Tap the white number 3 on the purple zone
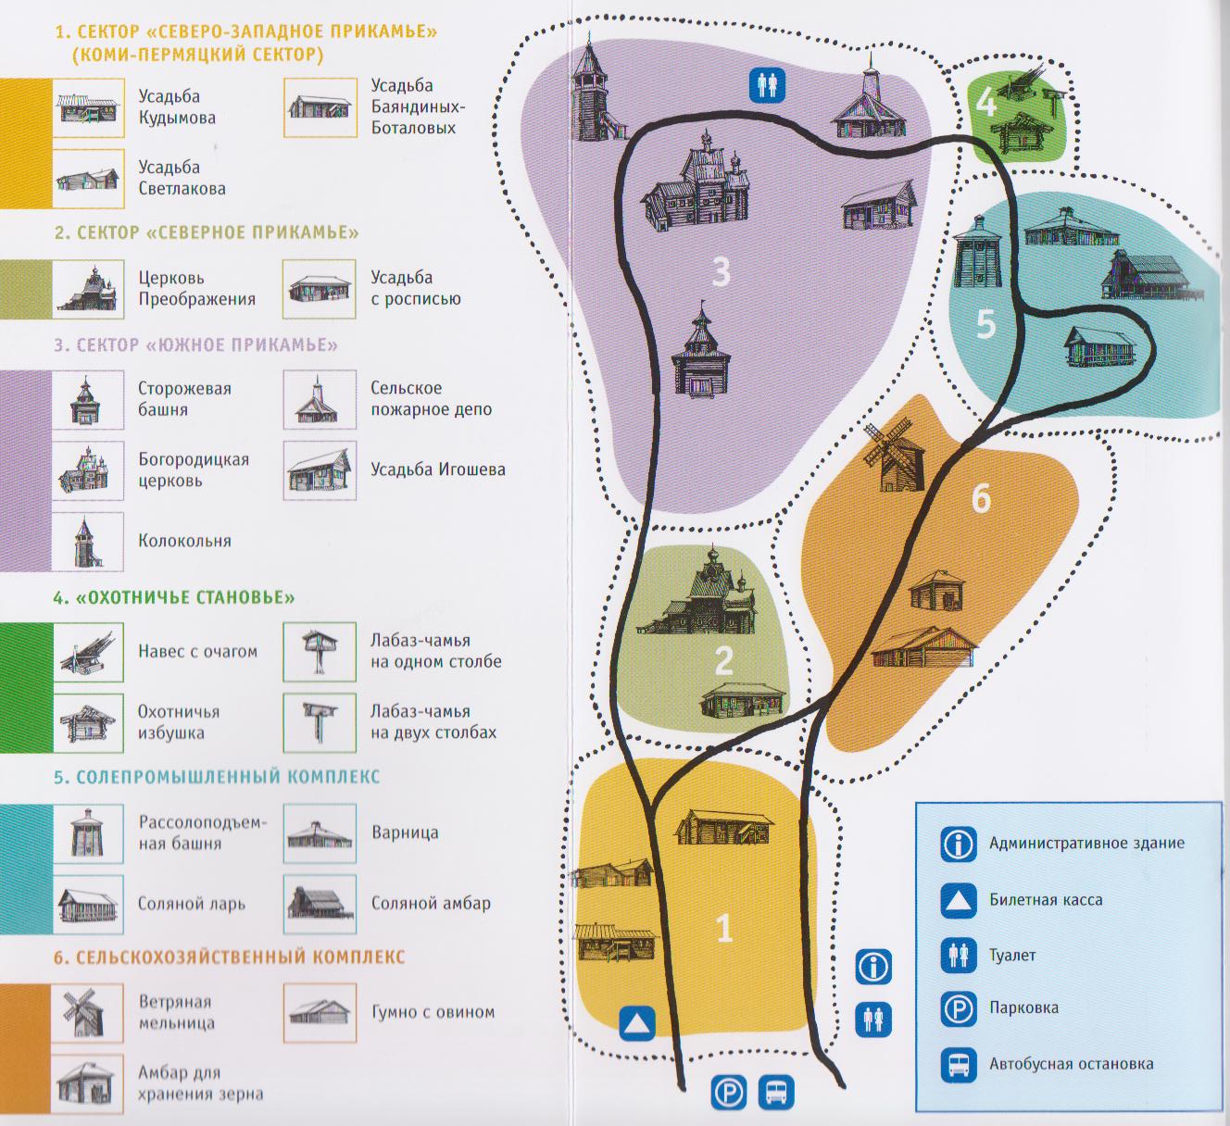coord(722,272)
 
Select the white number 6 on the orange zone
coord(981,498)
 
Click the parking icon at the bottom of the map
coord(729,1093)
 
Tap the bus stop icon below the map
coord(776,1093)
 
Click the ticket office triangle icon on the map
coord(637,1025)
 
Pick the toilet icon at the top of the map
coord(767,85)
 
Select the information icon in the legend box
coord(959,844)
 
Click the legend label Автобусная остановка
coord(1071,1064)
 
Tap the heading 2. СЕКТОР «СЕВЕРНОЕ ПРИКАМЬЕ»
coord(206,232)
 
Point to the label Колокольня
coord(184,541)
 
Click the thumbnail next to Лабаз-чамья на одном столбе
coord(320,652)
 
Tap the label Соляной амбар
coord(431,903)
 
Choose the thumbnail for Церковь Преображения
coord(88,289)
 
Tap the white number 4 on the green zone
coord(985,103)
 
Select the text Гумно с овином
coord(433,1012)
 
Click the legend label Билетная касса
coord(1045,899)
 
